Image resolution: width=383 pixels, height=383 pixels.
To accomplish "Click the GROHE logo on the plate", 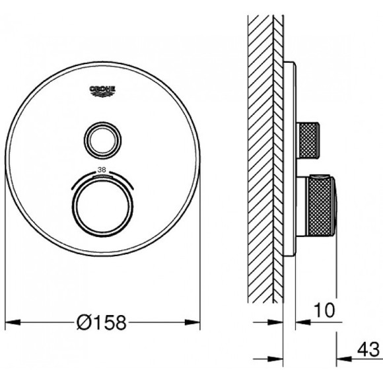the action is point(102,92).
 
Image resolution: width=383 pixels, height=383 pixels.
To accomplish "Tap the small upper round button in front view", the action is point(102,141).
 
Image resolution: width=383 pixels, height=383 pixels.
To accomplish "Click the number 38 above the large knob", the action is point(102,170).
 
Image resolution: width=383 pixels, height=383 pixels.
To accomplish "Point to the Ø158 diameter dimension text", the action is point(102,322).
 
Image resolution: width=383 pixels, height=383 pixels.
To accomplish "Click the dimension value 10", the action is point(324,310).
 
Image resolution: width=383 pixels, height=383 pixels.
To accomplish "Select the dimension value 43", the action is point(368,350).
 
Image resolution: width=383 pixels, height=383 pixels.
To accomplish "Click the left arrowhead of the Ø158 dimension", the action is point(13,322).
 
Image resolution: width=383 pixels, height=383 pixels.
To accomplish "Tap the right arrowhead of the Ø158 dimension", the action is point(192,322).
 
